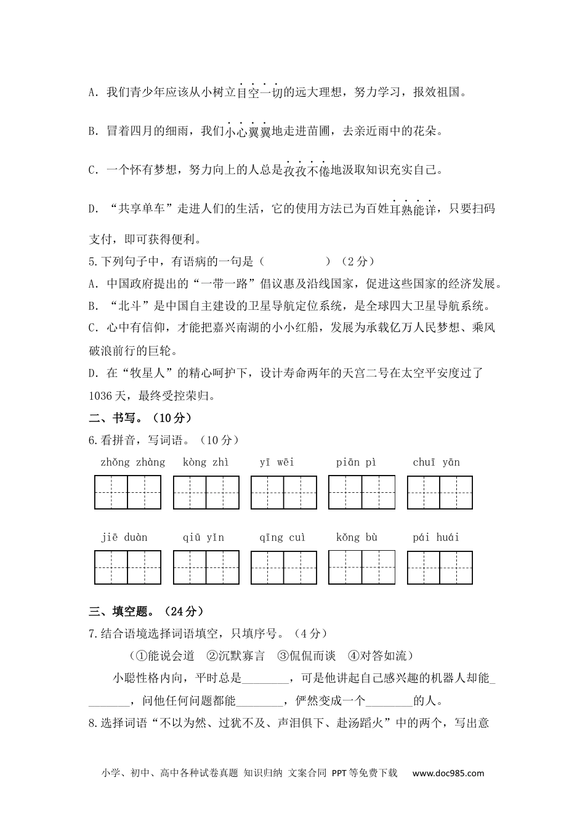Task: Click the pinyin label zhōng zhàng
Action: pos(132,462)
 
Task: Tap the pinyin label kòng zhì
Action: pos(205,462)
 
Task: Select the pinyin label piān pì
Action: pos(356,462)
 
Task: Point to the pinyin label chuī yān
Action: pos(437,462)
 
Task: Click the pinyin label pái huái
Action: pos(436,537)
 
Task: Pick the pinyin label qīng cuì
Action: pos(282,537)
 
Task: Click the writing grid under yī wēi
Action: pos(284,493)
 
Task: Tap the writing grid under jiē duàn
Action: pos(127,567)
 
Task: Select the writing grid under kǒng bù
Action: pos(361,567)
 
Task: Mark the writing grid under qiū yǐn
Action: pos(206,567)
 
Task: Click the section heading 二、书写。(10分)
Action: pos(140,418)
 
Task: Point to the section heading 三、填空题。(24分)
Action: pos(146,611)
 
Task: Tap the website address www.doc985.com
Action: pos(448,773)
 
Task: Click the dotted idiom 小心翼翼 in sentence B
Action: pos(248,131)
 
